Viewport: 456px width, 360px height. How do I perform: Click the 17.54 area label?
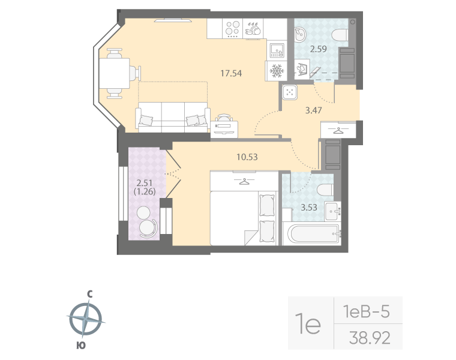[230, 74]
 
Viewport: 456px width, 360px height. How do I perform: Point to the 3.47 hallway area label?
[310, 111]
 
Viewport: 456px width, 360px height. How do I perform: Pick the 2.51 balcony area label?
[146, 184]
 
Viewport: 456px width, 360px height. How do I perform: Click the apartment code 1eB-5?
[367, 311]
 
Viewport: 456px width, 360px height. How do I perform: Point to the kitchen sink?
[277, 49]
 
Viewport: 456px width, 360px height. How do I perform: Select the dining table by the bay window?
[118, 73]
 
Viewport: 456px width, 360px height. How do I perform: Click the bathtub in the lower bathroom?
[311, 233]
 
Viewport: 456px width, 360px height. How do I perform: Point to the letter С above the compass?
[89, 294]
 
